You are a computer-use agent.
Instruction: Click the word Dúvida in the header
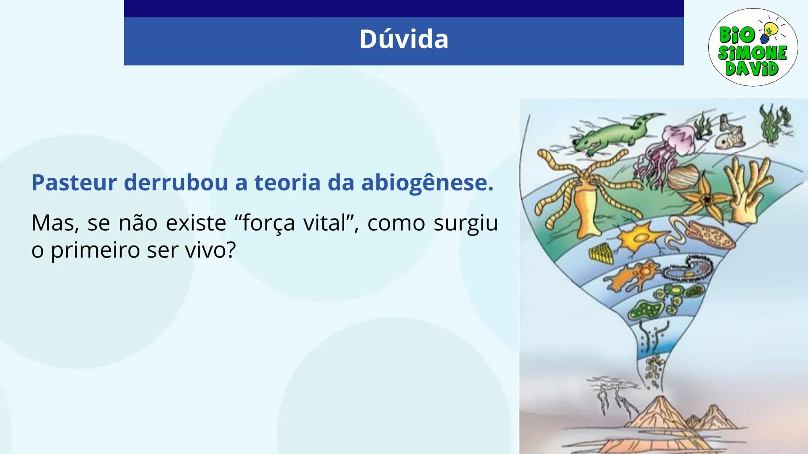coord(404,39)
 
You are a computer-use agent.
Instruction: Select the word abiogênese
coord(427,183)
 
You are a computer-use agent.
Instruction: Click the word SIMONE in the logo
coord(752,53)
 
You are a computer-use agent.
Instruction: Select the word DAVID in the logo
coord(752,69)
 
